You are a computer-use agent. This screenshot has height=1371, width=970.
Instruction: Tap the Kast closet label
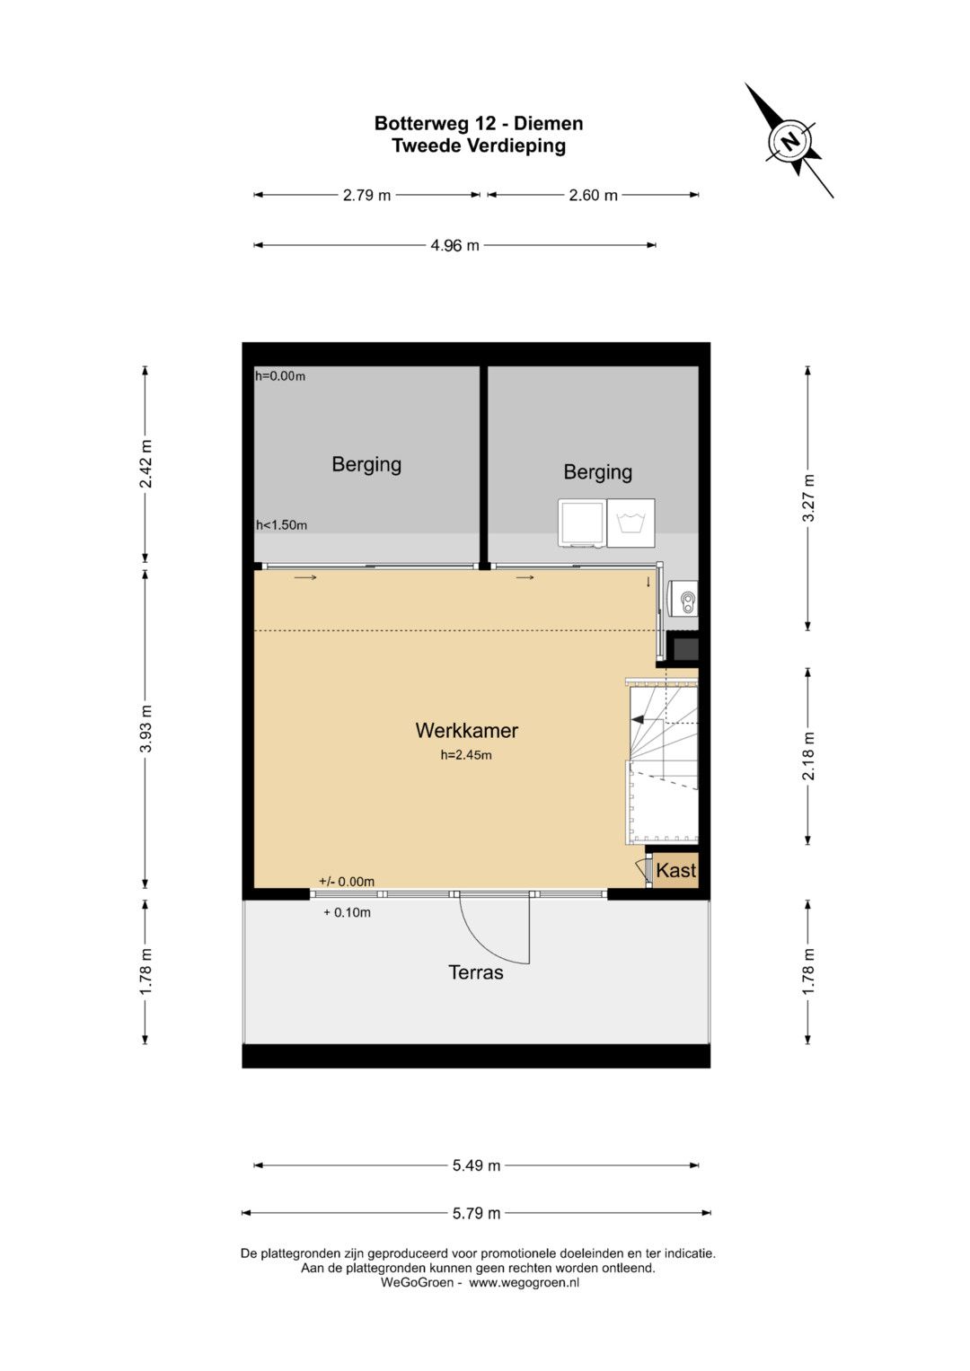[676, 870]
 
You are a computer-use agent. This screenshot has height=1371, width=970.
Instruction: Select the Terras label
[476, 972]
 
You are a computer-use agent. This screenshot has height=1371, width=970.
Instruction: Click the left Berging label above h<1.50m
[366, 464]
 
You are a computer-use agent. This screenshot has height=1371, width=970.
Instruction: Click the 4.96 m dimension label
[455, 245]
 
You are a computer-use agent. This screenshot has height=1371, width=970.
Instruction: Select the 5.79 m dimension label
[476, 1212]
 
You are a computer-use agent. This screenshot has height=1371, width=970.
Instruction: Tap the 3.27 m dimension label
[808, 497]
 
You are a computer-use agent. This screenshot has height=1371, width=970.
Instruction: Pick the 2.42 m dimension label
[145, 463]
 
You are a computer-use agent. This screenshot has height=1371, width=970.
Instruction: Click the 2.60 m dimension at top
[593, 195]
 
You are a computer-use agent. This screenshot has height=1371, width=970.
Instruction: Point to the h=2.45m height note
[466, 755]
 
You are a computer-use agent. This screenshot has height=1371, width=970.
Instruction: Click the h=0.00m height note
[280, 376]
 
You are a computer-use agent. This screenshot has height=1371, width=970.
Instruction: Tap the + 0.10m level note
[348, 912]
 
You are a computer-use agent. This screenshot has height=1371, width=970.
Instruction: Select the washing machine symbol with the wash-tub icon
[630, 523]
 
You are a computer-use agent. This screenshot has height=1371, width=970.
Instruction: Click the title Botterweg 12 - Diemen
[478, 123]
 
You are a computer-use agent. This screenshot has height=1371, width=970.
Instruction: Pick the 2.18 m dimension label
[808, 756]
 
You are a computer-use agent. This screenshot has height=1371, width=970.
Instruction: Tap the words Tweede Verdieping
[478, 146]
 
